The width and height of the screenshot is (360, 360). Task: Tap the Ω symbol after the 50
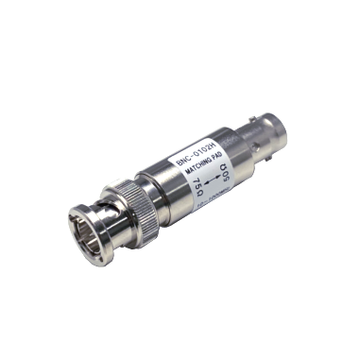[x=225, y=165]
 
